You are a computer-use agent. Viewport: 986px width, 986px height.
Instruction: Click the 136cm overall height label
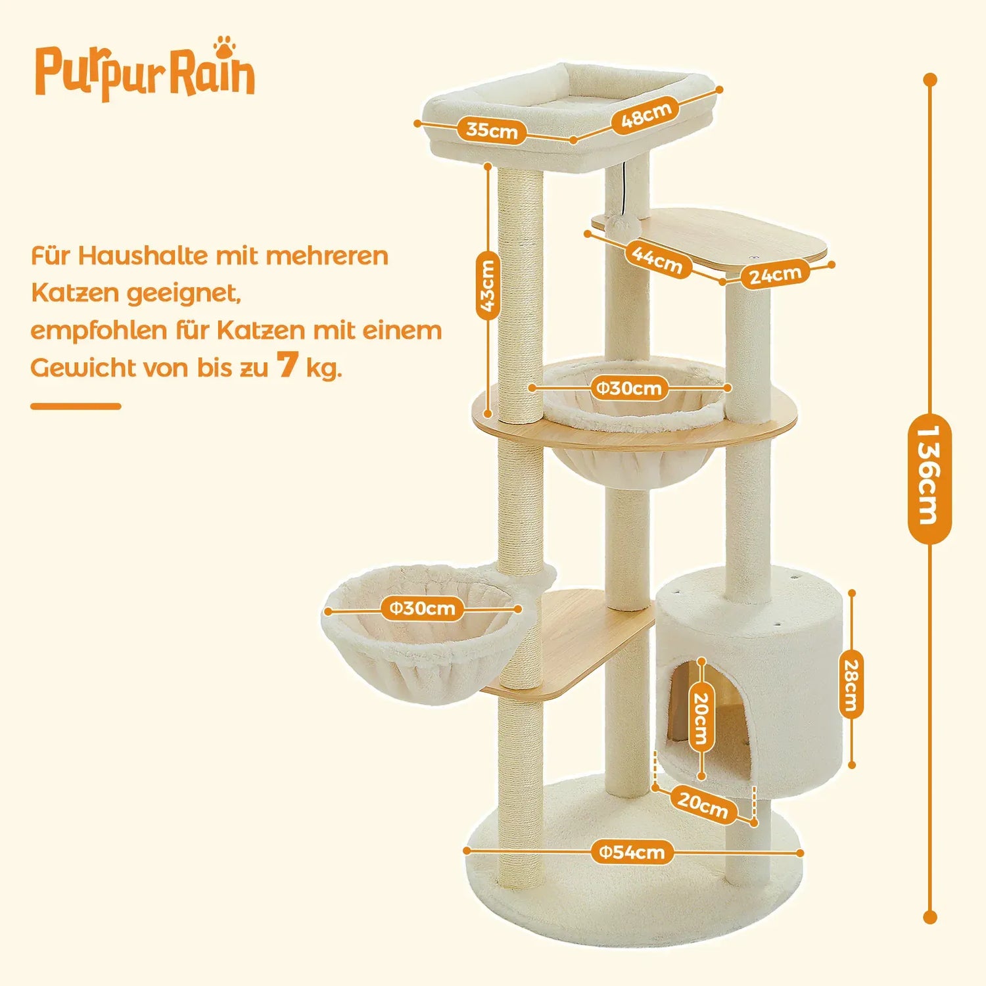pyautogui.click(x=929, y=479)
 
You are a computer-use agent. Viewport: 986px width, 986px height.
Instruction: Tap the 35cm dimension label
pyautogui.click(x=492, y=130)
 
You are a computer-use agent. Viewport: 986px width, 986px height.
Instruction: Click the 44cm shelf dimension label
pyautogui.click(x=657, y=258)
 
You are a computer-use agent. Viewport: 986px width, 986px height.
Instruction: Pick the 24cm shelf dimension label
pyautogui.click(x=775, y=275)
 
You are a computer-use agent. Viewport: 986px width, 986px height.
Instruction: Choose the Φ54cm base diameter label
pyautogui.click(x=632, y=852)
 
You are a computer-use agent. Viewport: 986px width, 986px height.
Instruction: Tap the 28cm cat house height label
pyautogui.click(x=851, y=684)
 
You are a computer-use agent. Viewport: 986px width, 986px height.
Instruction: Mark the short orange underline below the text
pyautogui.click(x=76, y=406)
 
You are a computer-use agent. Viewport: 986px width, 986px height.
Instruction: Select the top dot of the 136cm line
pyautogui.click(x=929, y=80)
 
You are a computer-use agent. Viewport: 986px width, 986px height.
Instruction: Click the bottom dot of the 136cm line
pyautogui.click(x=929, y=917)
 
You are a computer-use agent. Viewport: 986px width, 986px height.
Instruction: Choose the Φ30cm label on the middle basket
pyautogui.click(x=629, y=388)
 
